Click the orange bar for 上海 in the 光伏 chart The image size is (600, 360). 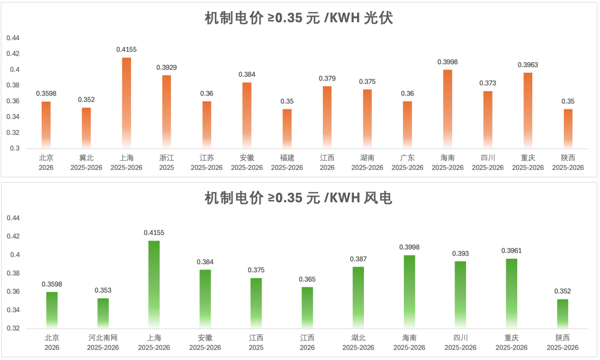127,103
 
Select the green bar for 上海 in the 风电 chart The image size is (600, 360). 154,284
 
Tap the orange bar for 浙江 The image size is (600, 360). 167,111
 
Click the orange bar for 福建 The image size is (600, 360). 287,128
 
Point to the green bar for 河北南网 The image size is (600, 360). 103,313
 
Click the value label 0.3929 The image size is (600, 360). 167,67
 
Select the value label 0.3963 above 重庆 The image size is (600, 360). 528,65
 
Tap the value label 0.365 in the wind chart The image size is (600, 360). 307,279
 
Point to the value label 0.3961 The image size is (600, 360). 511,251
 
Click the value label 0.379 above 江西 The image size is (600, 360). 327,78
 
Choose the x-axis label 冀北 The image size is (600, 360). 86,158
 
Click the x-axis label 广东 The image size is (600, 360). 407,158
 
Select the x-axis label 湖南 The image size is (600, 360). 367,158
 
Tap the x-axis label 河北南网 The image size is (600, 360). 103,338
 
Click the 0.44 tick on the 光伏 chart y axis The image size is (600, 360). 12,38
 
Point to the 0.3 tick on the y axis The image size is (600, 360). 14,148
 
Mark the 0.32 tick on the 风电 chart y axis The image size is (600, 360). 12,328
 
